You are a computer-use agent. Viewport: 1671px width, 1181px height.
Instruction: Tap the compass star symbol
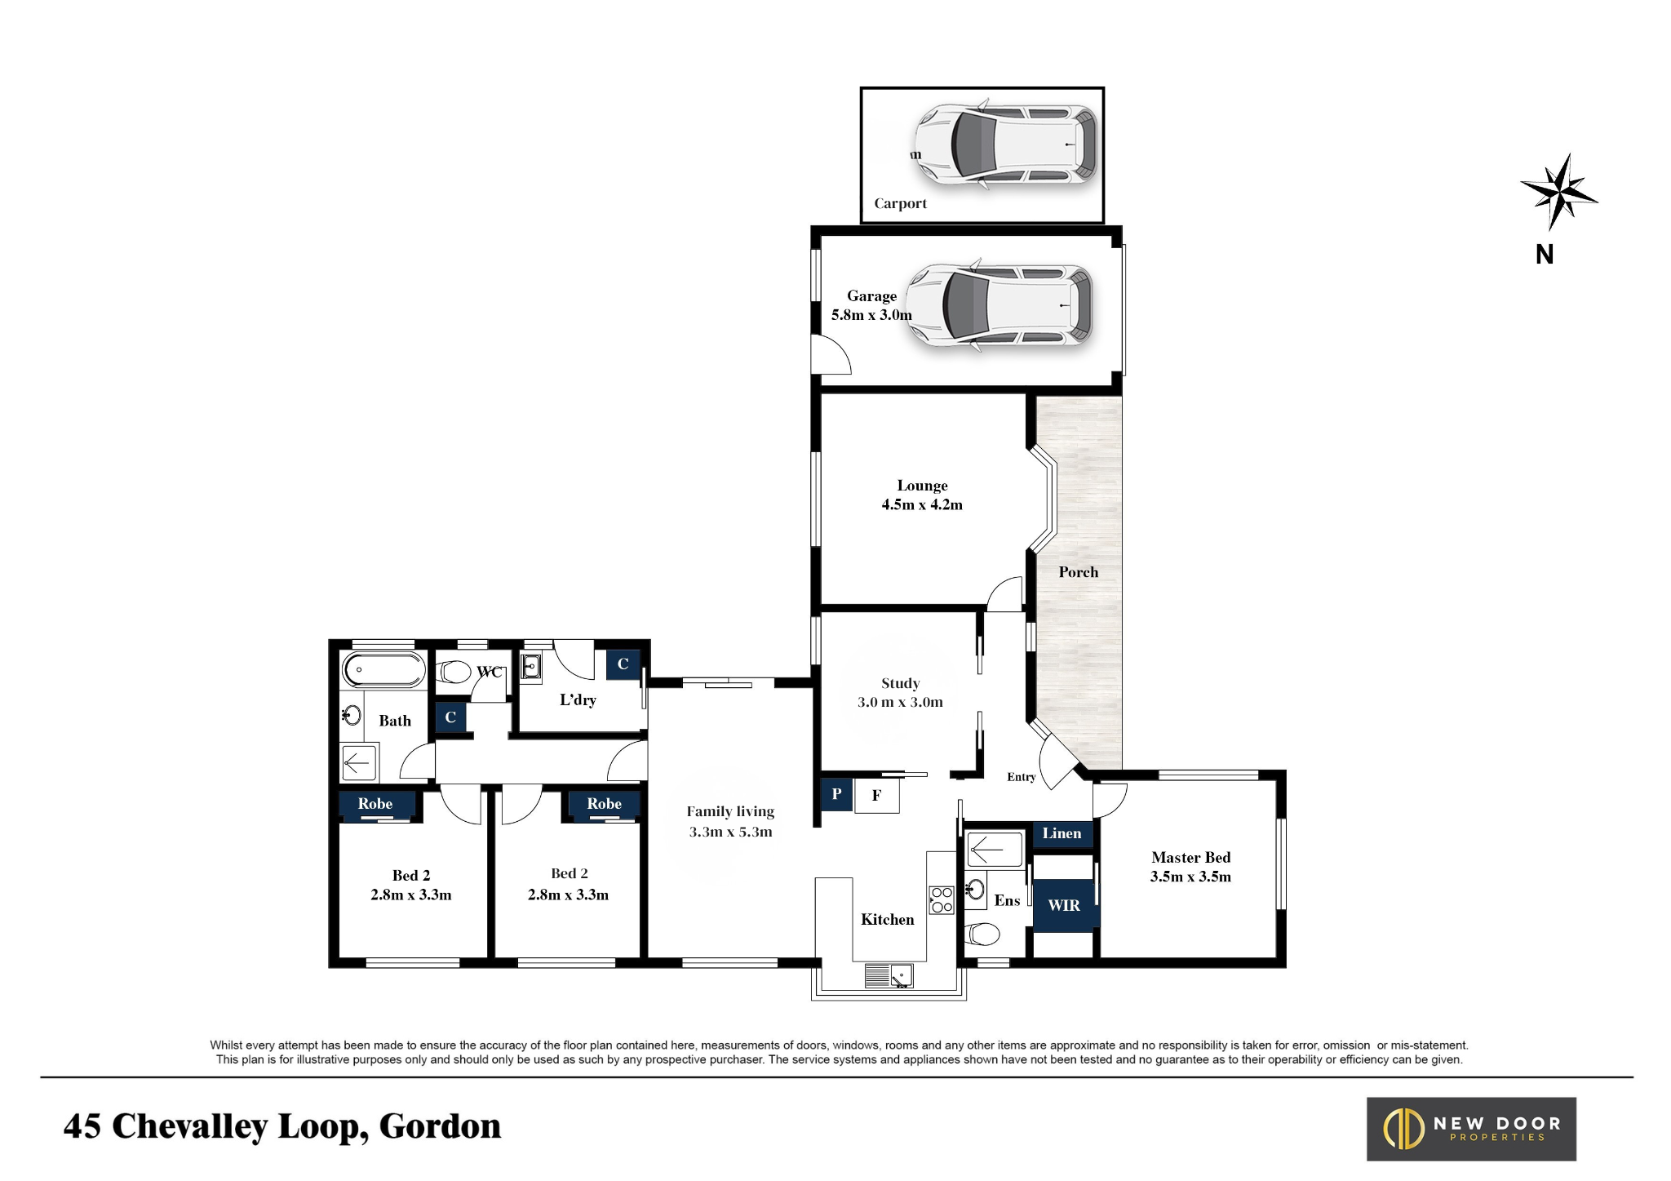(1558, 193)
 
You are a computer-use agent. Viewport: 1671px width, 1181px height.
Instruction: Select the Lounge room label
(922, 495)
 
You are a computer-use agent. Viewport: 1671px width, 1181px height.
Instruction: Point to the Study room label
(900, 692)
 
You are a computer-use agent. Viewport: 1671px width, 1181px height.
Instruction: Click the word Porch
(1078, 572)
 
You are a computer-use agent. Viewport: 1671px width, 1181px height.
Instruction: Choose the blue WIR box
(1064, 905)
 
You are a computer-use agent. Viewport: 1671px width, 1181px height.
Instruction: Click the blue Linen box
(1062, 833)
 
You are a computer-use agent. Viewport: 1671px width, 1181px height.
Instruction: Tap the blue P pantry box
(836, 794)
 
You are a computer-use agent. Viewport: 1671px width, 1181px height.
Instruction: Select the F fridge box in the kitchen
(876, 795)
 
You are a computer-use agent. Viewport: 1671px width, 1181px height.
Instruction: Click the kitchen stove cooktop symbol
(942, 899)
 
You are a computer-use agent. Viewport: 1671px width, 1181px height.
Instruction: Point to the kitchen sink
(889, 975)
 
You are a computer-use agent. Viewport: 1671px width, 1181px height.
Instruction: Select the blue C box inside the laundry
(623, 664)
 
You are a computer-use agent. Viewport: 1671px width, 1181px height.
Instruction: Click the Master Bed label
(1190, 867)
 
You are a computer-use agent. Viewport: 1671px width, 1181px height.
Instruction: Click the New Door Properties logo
(1471, 1129)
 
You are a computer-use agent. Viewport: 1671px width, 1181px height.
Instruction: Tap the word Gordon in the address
(440, 1126)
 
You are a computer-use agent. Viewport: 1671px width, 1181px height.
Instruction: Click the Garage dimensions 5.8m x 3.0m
(871, 315)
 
